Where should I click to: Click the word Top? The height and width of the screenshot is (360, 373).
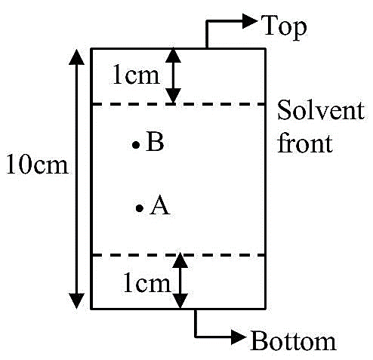click(x=284, y=27)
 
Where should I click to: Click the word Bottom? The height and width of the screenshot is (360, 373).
click(x=294, y=341)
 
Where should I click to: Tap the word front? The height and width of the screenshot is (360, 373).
click(x=305, y=143)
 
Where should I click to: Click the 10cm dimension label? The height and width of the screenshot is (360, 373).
click(x=37, y=164)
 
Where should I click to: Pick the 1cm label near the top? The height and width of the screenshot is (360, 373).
click(x=136, y=75)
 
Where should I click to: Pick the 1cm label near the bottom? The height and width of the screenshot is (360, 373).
click(x=147, y=283)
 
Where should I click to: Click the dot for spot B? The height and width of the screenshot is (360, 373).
click(x=136, y=145)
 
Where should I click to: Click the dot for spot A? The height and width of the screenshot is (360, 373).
click(x=140, y=208)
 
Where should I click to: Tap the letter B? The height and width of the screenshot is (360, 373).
click(x=155, y=142)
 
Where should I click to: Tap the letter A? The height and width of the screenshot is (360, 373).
click(x=160, y=205)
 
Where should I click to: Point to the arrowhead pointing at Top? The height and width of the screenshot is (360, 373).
click(x=249, y=21)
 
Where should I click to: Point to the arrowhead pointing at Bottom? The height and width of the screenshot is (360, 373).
click(x=239, y=337)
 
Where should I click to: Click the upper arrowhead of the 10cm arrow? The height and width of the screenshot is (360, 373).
click(x=76, y=57)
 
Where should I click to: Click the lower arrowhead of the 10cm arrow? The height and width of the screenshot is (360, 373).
click(x=76, y=301)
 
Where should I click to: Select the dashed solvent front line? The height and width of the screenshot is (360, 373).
click(x=178, y=104)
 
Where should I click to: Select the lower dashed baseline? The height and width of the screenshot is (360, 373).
click(x=178, y=255)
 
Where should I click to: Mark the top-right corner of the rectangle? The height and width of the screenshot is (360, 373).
click(x=265, y=48)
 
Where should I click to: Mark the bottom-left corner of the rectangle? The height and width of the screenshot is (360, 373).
click(x=91, y=308)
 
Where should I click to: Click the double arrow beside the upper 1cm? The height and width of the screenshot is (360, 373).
click(x=173, y=75)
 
